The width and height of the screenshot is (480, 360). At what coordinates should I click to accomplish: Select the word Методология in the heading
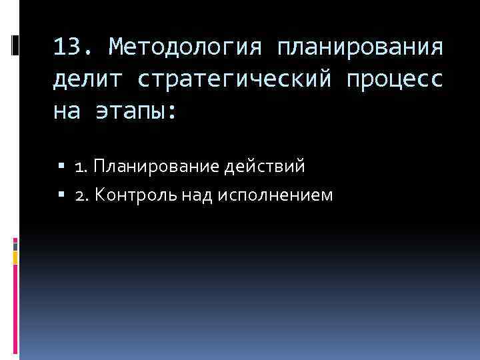(x=183, y=48)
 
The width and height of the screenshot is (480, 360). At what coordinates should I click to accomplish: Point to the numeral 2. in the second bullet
(x=81, y=197)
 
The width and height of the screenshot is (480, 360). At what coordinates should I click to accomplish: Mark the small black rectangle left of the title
(x=15, y=45)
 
